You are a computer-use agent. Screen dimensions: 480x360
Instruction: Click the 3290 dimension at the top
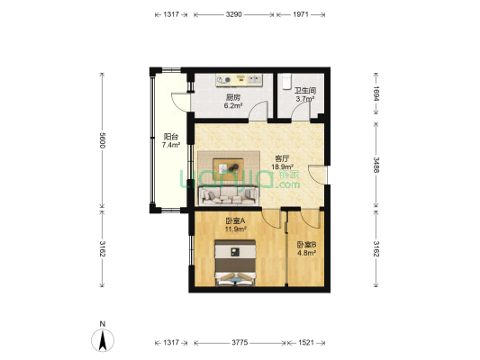click(234, 14)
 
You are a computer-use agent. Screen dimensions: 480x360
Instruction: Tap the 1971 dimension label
click(301, 14)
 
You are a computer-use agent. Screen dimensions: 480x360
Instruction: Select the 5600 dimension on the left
click(103, 140)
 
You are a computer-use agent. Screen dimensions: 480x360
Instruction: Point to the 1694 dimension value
click(376, 94)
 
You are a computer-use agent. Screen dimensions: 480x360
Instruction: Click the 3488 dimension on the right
click(376, 165)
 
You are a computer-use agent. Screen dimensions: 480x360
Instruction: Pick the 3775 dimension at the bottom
click(240, 343)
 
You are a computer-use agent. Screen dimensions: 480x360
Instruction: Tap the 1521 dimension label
click(306, 343)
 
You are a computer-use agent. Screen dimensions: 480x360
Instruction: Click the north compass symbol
click(103, 339)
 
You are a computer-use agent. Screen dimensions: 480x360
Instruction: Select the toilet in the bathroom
click(286, 81)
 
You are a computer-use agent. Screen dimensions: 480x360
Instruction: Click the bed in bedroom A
click(235, 263)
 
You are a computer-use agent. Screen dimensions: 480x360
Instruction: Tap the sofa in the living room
click(229, 196)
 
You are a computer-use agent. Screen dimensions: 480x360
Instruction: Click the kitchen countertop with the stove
click(240, 80)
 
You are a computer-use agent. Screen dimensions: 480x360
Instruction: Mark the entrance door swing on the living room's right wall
click(317, 175)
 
